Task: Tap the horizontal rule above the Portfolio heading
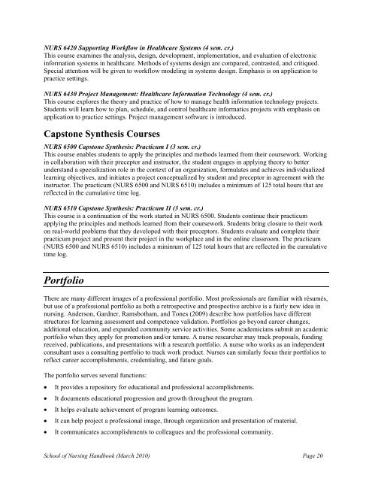[x=186, y=291]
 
